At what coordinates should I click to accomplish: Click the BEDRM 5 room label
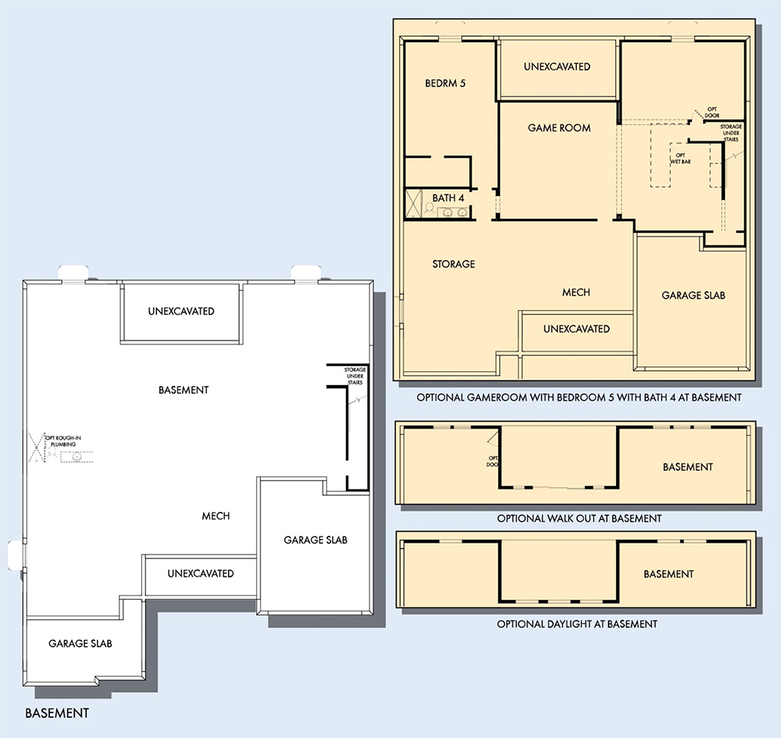point(445,83)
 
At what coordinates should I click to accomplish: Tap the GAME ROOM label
point(559,128)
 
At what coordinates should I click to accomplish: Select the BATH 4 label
point(448,198)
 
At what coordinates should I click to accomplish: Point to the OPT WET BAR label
point(680,159)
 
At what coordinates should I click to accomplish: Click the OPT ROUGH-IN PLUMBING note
point(63,440)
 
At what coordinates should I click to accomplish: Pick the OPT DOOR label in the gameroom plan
point(711,112)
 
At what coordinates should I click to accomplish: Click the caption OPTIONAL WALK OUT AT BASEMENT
point(580,519)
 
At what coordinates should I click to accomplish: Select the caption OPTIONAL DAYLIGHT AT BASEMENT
point(577,624)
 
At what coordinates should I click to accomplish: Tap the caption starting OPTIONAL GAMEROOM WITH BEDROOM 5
point(580,398)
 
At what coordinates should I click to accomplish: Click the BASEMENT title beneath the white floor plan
point(57,713)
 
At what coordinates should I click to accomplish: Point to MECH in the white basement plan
point(216,516)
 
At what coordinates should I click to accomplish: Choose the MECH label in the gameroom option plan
point(576,292)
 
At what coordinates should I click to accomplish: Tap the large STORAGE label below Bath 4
point(454,264)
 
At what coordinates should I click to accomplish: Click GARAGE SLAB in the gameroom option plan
point(694,295)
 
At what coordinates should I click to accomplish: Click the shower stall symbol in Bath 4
point(414,204)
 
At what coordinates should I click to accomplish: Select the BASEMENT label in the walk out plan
point(688,467)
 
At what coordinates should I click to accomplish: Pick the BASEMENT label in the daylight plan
point(669,574)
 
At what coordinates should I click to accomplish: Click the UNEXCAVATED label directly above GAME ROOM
point(557,66)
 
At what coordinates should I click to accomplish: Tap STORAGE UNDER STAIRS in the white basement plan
point(355,376)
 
